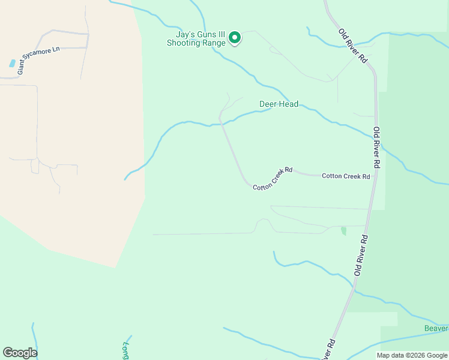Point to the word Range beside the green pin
214,43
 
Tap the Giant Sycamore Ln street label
39,60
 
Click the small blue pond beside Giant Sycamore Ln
12,63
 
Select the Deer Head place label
279,104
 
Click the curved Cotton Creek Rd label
273,179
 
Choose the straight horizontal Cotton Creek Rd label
345,176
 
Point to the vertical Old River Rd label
376,147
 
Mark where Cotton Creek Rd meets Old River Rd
376,176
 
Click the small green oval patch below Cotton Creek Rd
343,230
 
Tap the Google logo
20,352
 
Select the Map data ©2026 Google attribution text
412,355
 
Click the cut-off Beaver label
436,328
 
